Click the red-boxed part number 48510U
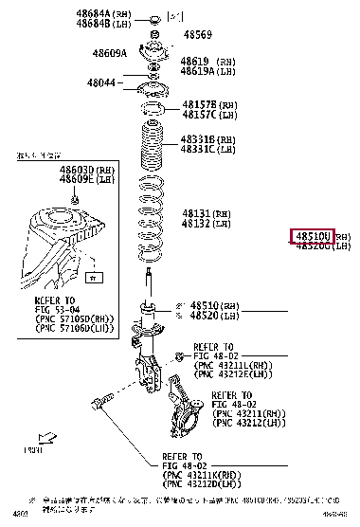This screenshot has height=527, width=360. pos(312,235)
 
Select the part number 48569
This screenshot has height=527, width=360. pos(197,35)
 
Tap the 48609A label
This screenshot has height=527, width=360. pos(109,53)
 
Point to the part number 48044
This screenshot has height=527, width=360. pos(101,82)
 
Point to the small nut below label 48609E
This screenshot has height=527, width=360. pos(74,198)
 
